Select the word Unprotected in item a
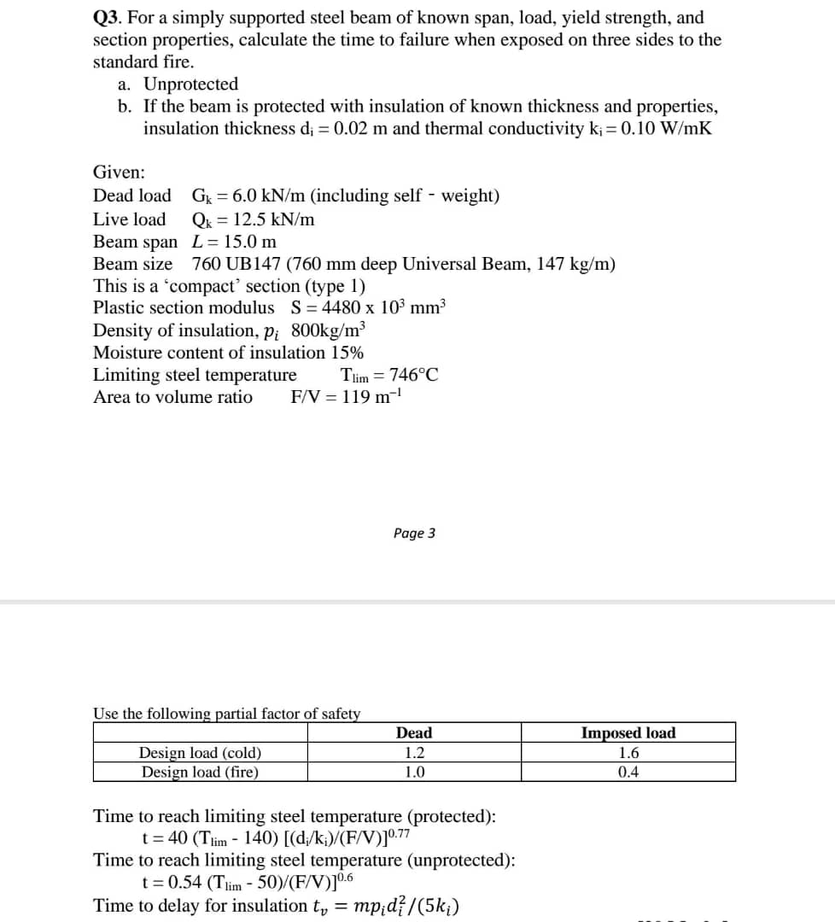(x=190, y=85)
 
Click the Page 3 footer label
(x=414, y=534)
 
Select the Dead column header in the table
(x=414, y=733)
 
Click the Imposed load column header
(x=628, y=733)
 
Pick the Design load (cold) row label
(x=200, y=754)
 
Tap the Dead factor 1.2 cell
(x=414, y=754)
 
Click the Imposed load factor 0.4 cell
(x=628, y=773)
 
